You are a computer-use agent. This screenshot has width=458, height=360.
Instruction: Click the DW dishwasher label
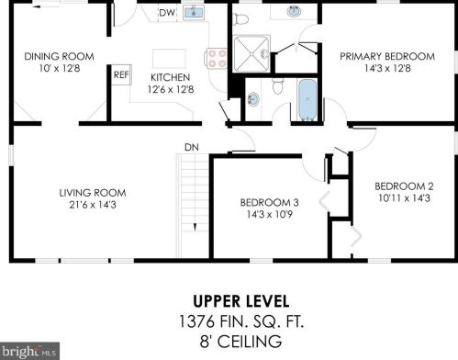167,13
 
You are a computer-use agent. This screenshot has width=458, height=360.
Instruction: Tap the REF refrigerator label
121,74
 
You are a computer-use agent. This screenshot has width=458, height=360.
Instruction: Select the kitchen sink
194,13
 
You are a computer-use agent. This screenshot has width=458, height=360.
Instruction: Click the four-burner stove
217,58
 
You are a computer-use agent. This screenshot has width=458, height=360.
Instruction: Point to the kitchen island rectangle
169,58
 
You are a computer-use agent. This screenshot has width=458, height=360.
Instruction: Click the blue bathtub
307,99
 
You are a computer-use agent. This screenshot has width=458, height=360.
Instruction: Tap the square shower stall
251,54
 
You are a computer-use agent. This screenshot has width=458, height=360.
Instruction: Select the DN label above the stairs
192,147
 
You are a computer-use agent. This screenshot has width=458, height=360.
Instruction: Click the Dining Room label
59,57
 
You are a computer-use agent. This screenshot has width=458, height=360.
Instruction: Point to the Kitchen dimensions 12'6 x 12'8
171,89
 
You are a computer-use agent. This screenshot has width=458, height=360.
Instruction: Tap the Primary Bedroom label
387,56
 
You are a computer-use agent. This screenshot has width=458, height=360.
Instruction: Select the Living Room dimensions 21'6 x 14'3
93,205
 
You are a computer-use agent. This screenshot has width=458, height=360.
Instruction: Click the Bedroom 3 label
269,202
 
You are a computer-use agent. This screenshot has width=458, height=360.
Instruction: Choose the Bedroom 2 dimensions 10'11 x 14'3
404,198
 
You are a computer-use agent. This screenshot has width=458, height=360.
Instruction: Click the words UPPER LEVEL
241,301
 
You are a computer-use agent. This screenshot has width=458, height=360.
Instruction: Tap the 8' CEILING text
240,342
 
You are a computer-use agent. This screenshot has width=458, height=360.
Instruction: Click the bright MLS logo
29,351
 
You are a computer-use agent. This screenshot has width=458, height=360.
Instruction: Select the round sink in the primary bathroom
294,12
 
